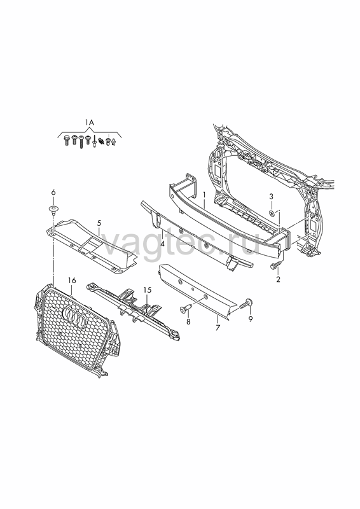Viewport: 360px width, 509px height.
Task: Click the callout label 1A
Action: (x=89, y=123)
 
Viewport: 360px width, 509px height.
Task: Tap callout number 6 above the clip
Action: (x=53, y=193)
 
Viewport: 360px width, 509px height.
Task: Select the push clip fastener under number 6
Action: (x=52, y=209)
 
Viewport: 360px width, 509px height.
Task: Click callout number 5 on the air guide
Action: (x=99, y=223)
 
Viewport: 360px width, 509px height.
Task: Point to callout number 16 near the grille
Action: (x=72, y=280)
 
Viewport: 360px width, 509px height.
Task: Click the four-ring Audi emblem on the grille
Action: (x=73, y=316)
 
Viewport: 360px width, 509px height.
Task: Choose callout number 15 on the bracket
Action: (x=148, y=290)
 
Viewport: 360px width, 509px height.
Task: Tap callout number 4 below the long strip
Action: (x=162, y=244)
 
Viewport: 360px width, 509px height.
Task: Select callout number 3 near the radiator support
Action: (x=271, y=197)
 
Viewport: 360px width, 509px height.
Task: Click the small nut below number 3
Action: (x=272, y=213)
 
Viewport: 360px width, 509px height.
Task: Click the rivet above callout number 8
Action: (x=185, y=309)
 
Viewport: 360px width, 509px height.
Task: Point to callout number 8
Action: (x=188, y=322)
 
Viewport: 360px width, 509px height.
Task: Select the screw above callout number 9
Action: (x=246, y=303)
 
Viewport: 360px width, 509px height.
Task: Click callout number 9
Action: (x=250, y=319)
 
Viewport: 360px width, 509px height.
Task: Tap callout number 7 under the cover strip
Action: (x=218, y=328)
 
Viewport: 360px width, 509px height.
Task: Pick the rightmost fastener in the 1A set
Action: (x=114, y=142)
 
